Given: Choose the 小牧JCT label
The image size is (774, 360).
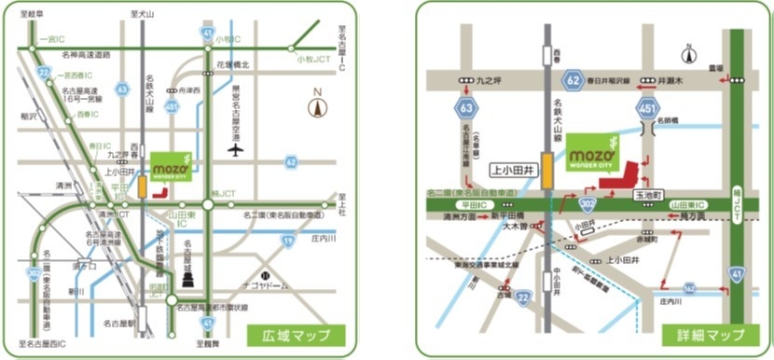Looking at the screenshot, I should click(x=305, y=60).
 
